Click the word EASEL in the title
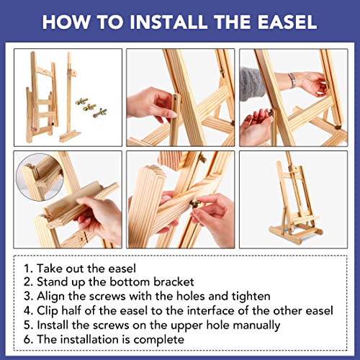(x=287, y=22)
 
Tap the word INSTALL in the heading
(x=168, y=22)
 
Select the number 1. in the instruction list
(x=28, y=269)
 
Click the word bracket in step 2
(x=174, y=282)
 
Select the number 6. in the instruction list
(x=28, y=339)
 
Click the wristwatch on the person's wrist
(x=292, y=80)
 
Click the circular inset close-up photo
(x=40, y=177)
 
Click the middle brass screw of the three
(x=89, y=107)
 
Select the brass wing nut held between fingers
(x=195, y=204)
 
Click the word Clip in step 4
(x=48, y=311)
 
